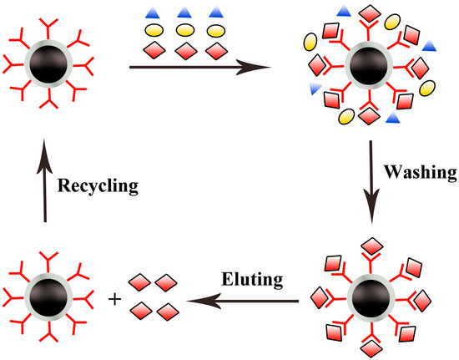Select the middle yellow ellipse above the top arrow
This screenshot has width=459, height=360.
(x=185, y=31)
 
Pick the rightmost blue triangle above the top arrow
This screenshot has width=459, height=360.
(x=215, y=13)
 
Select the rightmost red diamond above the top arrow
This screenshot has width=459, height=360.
(x=215, y=51)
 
